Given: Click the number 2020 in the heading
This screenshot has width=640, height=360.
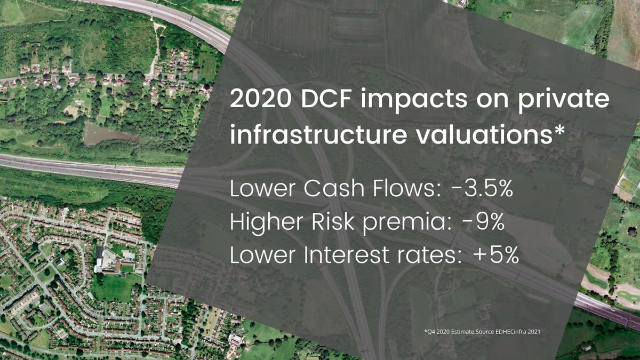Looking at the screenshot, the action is click(261, 98).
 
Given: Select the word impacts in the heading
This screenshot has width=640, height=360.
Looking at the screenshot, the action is click(414, 100).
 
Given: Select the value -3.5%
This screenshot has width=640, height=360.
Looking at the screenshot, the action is click(482, 189).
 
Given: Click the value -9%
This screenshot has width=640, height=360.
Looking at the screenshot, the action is click(483, 222).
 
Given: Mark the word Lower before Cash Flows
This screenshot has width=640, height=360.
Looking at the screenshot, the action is click(262, 189).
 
